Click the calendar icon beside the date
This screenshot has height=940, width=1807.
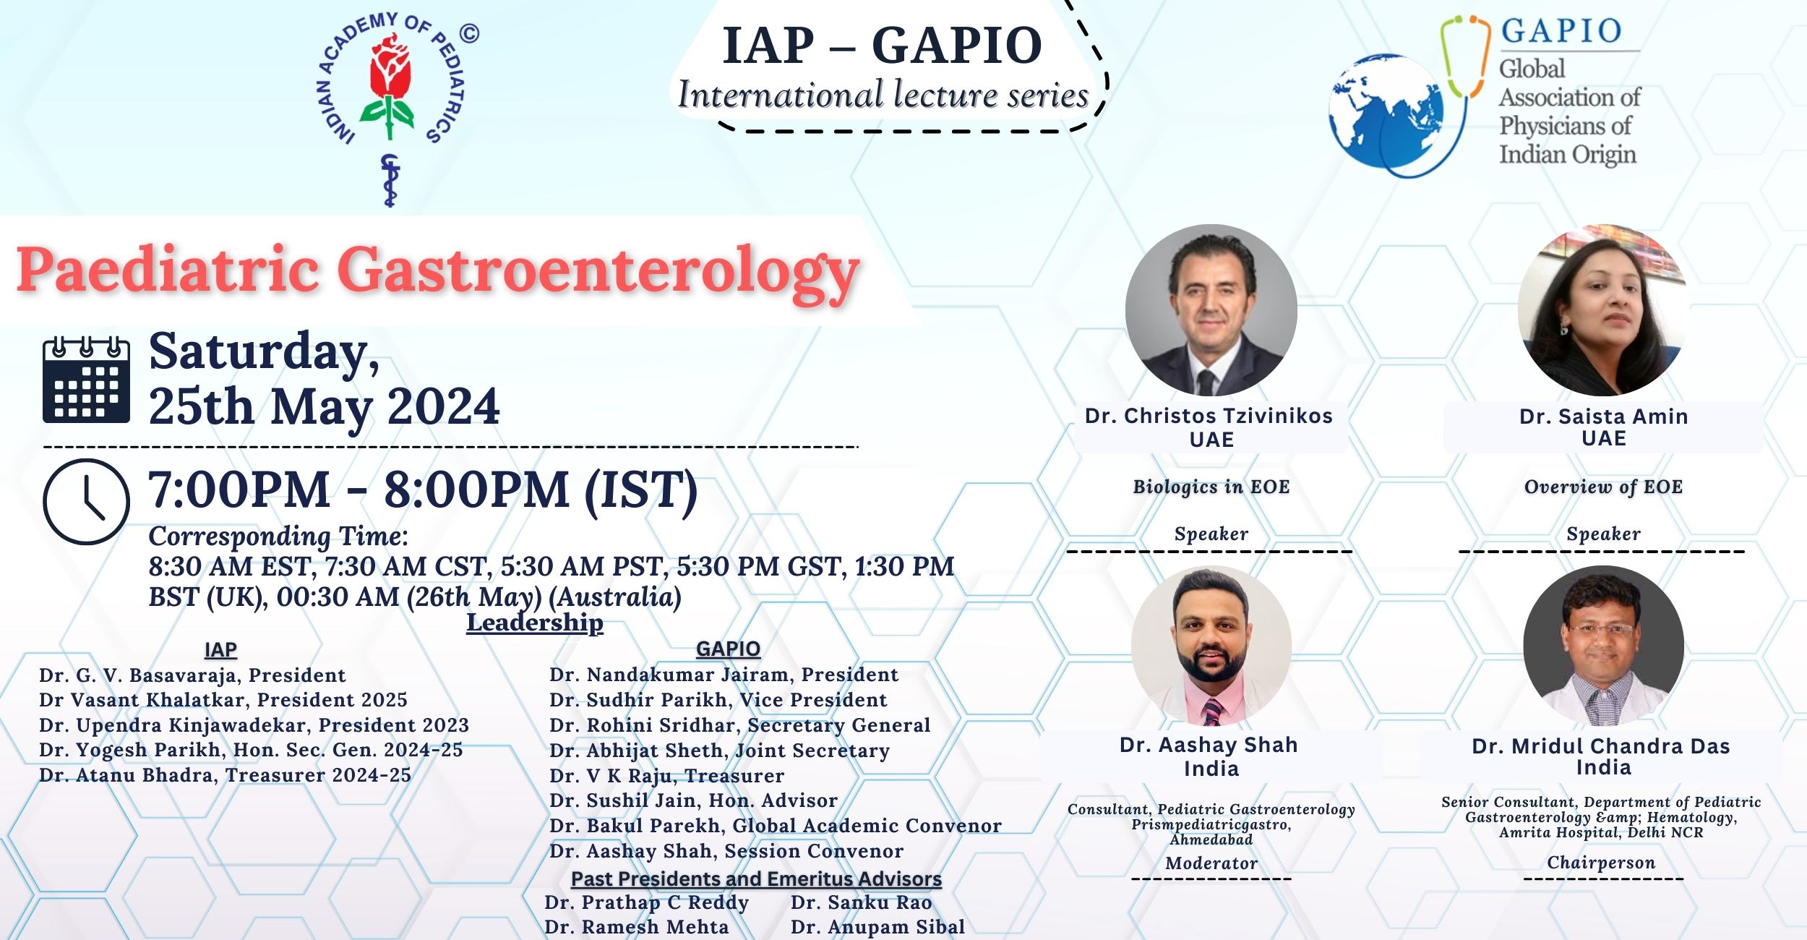tap(86, 380)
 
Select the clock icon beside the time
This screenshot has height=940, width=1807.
tap(86, 501)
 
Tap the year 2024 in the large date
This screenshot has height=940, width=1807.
tap(443, 406)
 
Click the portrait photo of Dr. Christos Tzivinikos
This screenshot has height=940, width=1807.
tap(1211, 310)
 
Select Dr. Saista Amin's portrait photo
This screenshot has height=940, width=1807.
tap(1603, 310)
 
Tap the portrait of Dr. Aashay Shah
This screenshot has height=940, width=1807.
tap(1211, 646)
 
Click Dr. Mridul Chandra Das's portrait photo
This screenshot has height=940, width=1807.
tap(1603, 646)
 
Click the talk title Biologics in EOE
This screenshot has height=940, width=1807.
tap(1211, 487)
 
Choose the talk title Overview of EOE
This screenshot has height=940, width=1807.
tap(1603, 487)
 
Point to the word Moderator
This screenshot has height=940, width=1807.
tap(1211, 863)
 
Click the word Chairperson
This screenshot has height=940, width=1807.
tap(1601, 863)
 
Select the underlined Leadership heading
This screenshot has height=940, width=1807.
tap(535, 623)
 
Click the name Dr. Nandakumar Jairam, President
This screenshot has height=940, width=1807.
tap(724, 675)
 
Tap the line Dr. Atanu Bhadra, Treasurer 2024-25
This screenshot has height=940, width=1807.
tap(226, 775)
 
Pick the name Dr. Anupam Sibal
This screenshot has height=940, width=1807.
tap(878, 927)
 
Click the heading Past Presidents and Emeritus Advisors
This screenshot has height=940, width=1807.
tap(756, 879)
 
